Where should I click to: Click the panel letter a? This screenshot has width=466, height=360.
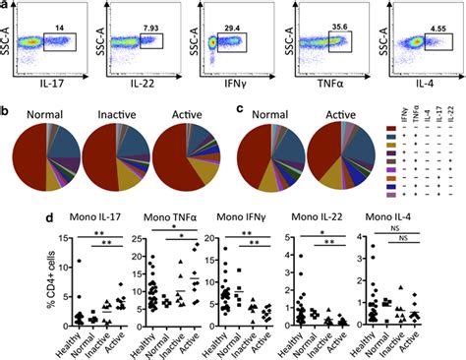5,6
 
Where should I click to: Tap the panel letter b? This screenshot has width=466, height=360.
5,96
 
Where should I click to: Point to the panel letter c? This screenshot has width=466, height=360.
233,96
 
